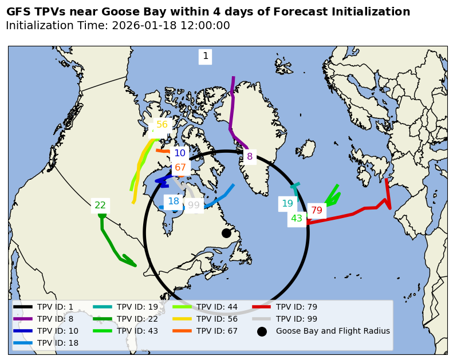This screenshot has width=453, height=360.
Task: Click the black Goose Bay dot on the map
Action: [226, 233]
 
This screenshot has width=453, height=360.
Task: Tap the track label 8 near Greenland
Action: [250, 156]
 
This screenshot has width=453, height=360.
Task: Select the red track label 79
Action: [317, 210]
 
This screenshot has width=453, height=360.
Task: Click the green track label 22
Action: [100, 205]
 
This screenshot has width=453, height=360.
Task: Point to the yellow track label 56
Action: [162, 125]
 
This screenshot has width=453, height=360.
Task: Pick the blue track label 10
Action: [180, 153]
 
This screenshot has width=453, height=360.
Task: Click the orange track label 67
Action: [180, 168]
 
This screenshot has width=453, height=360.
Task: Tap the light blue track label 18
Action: [174, 201]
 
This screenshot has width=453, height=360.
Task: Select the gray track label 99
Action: [194, 205]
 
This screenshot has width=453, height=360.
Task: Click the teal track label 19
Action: [287, 203]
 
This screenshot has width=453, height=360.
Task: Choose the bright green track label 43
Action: [297, 218]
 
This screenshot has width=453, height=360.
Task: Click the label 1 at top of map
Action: [206, 56]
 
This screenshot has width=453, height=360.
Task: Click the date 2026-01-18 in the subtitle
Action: [142, 26]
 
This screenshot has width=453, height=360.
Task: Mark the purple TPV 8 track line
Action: [232, 109]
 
